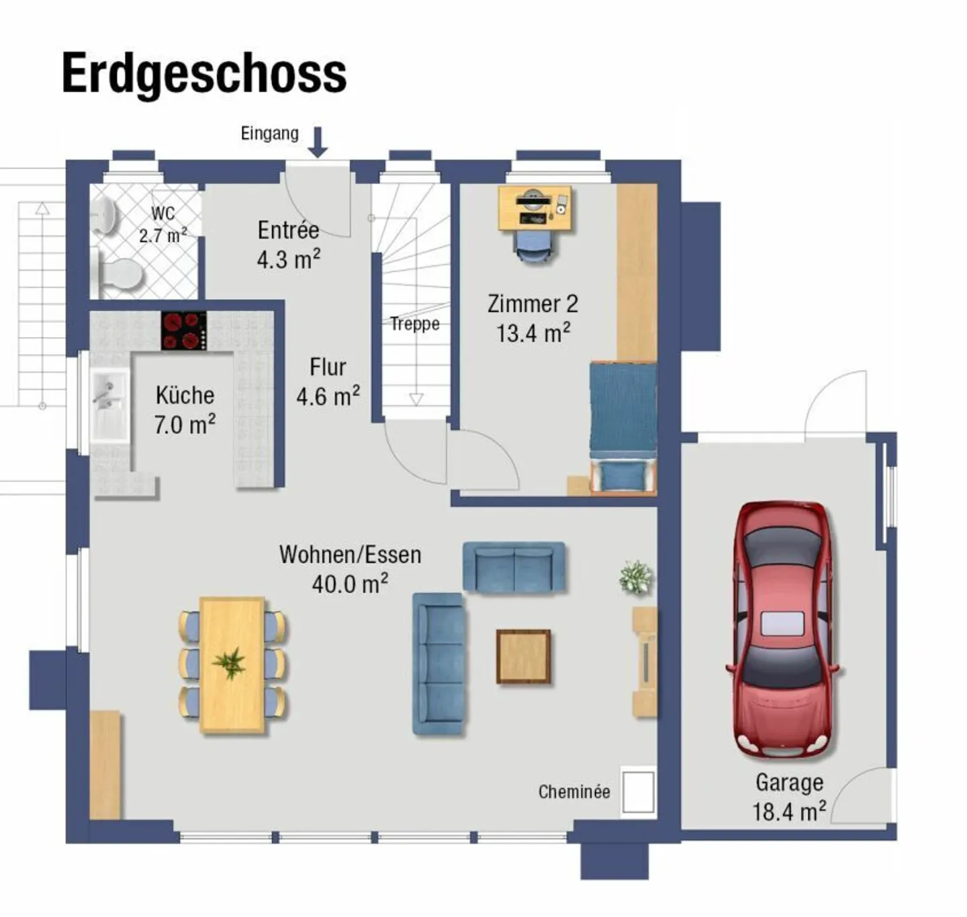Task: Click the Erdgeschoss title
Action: [204, 73]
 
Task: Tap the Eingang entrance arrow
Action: [318, 142]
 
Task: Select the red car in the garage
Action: [783, 629]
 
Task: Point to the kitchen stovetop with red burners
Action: [183, 331]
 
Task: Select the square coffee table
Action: [523, 656]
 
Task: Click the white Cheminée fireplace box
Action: [637, 792]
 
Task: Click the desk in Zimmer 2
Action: [535, 208]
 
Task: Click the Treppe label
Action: [415, 324]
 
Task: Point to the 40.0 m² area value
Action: [350, 584]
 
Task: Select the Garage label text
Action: [789, 783]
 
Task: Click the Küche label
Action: [185, 395]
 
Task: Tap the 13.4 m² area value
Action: [533, 333]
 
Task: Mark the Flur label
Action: [328, 367]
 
